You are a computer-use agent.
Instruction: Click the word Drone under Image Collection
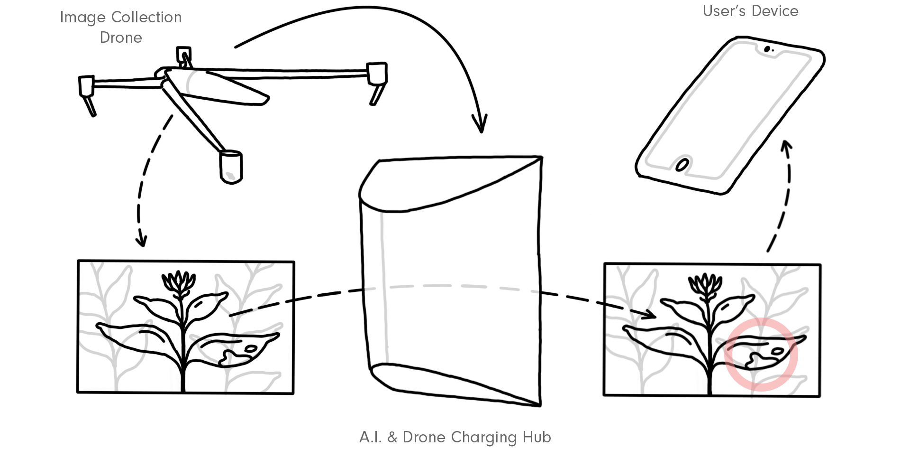click(x=121, y=37)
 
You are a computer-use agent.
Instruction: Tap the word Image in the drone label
click(x=82, y=18)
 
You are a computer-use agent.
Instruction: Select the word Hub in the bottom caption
click(x=537, y=437)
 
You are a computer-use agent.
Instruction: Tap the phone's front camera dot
click(x=766, y=49)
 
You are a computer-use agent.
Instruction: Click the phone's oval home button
click(x=682, y=165)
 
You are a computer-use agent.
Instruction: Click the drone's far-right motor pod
click(x=377, y=74)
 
